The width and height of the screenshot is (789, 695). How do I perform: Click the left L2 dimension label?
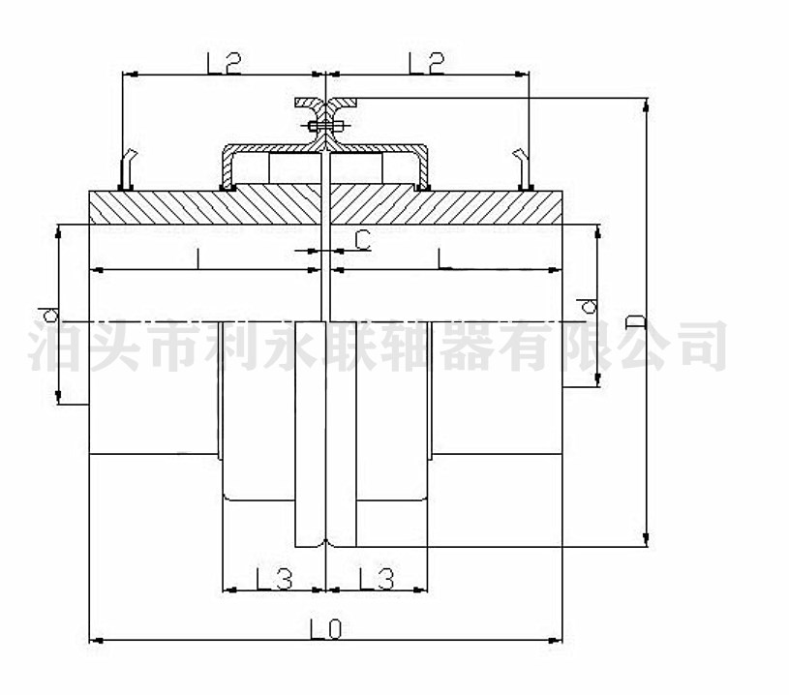point(224,63)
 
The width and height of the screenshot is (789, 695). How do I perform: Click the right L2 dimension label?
point(427,63)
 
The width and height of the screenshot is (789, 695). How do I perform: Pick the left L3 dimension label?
point(275,578)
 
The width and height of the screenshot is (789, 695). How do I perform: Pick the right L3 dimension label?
point(377,578)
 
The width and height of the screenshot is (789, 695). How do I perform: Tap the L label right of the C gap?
point(441,258)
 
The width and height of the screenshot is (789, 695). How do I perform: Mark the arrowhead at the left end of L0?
point(94,640)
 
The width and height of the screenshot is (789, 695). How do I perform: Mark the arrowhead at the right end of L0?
point(558,640)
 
